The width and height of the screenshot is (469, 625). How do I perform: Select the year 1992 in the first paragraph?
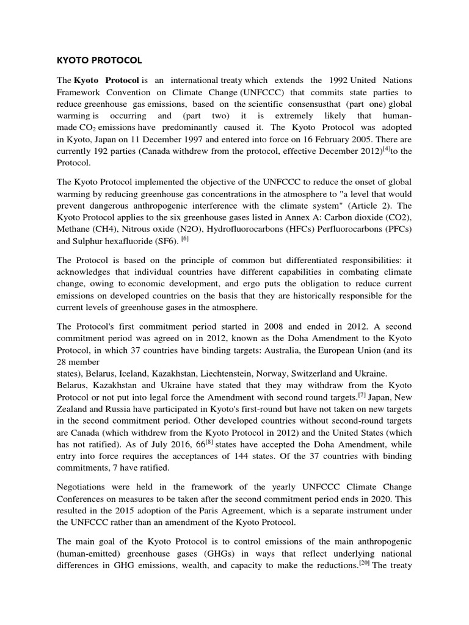(338, 81)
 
